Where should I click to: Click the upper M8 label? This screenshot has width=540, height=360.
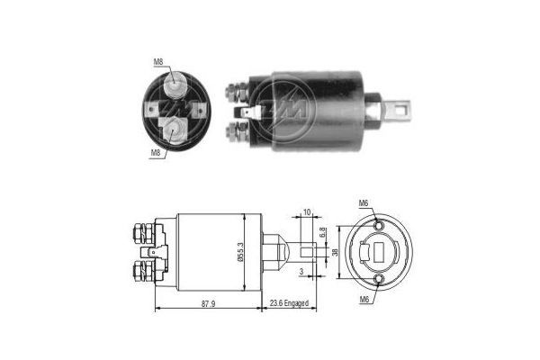[157, 62]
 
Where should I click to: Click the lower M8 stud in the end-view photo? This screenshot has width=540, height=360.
[174, 129]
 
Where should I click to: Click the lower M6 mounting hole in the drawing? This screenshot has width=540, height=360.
[379, 284]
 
